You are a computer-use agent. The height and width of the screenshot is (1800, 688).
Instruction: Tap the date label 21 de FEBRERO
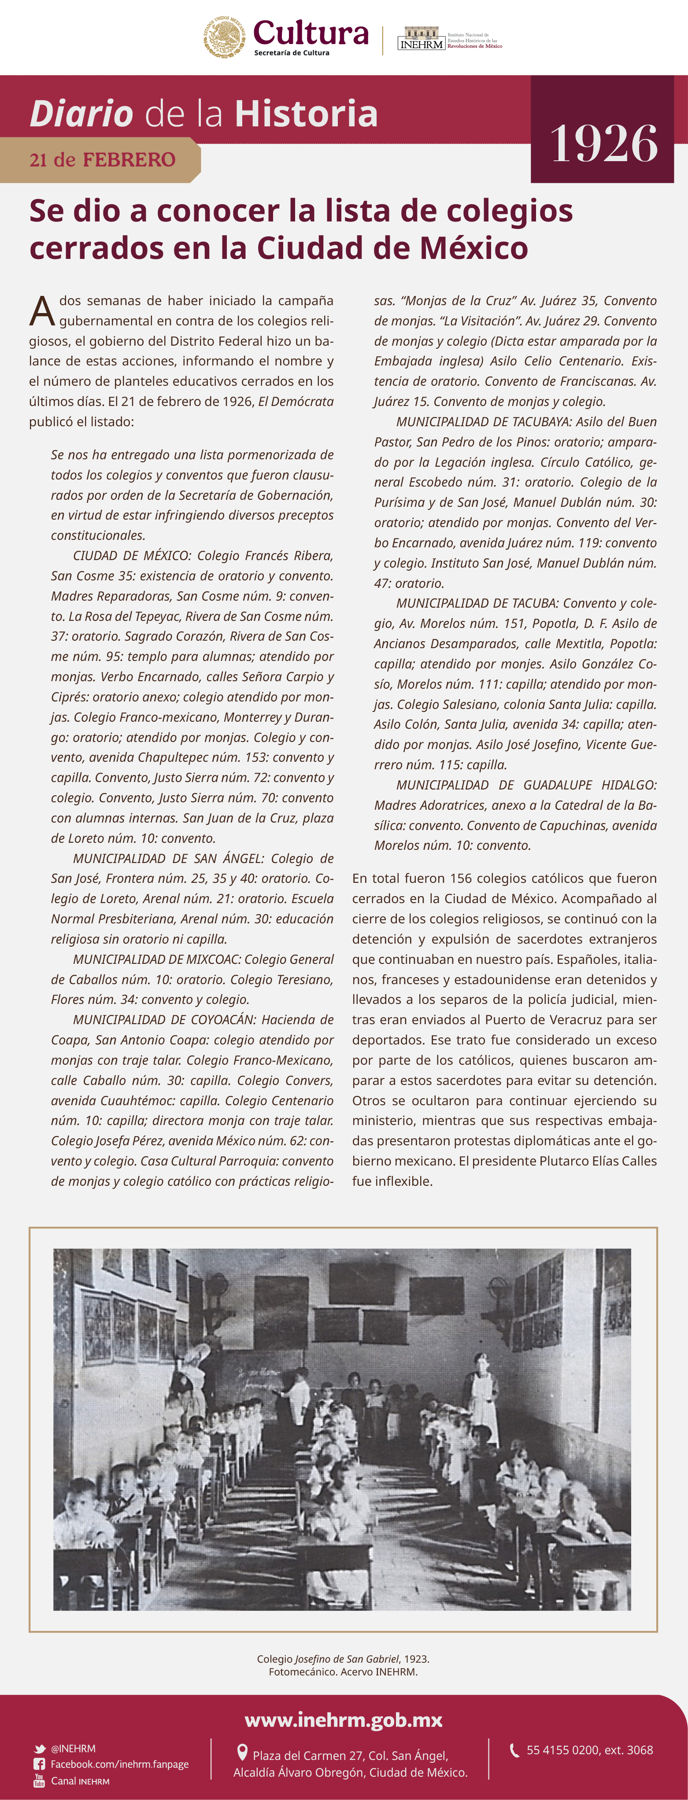click(102, 160)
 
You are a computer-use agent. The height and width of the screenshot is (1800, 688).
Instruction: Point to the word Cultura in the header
click(311, 33)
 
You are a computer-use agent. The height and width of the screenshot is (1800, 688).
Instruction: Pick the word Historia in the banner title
click(306, 114)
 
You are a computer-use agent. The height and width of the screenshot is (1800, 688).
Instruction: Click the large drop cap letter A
click(42, 312)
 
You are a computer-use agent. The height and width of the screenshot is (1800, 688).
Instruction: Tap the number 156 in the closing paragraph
click(461, 878)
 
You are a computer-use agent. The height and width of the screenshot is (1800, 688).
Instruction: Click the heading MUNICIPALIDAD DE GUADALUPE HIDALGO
click(526, 785)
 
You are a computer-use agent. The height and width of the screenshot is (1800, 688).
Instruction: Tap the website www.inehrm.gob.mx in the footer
click(343, 1720)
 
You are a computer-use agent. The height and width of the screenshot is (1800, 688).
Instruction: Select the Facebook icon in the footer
click(40, 1764)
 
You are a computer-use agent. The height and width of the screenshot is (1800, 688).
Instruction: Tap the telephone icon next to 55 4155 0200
click(514, 1750)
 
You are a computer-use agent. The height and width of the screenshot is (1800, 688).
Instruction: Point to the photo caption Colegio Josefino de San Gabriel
click(343, 1659)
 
